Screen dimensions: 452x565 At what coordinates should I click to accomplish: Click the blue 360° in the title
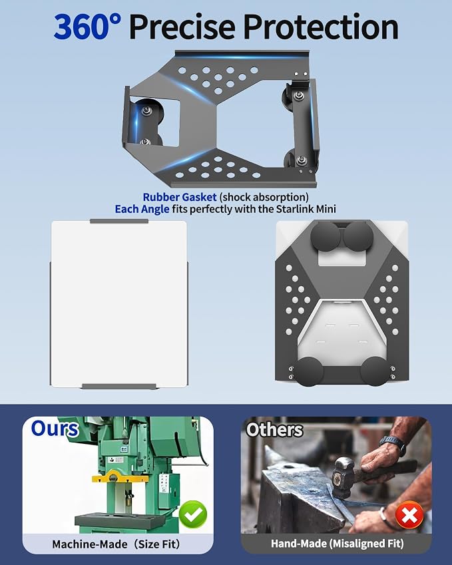[88, 27]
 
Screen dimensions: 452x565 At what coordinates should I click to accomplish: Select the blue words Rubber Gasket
[180, 197]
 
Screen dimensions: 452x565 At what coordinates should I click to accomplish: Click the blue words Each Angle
[142, 210]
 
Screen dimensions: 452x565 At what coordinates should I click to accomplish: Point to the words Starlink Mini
[306, 209]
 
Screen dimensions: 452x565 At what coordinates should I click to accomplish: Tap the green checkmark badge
[193, 514]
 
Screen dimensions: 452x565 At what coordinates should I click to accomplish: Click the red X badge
[409, 514]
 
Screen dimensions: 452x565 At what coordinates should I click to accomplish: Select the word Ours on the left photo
[55, 429]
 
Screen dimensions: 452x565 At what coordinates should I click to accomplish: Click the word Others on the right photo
[274, 429]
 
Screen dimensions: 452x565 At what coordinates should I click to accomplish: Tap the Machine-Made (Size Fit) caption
[116, 544]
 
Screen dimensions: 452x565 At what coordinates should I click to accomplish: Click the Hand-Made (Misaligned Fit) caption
[337, 544]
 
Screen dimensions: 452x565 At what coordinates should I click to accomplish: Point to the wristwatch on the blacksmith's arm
[393, 444]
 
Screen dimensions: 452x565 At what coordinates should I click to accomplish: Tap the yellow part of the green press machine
[120, 476]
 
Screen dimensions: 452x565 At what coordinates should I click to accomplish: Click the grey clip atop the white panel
[119, 221]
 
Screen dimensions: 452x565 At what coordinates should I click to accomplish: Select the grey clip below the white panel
[119, 387]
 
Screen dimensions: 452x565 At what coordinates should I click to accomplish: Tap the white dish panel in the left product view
[119, 303]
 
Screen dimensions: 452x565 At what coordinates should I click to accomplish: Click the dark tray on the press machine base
[115, 520]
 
